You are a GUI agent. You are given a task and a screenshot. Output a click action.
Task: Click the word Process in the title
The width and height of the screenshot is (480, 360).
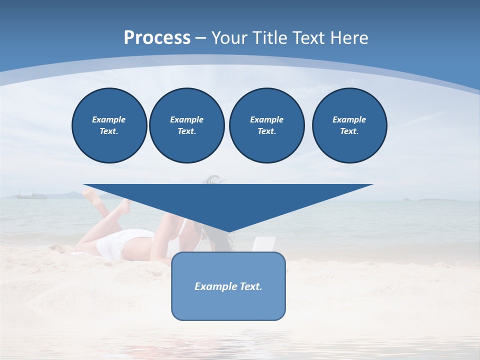157,38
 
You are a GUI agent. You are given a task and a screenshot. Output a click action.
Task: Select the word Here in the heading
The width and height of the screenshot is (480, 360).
348,38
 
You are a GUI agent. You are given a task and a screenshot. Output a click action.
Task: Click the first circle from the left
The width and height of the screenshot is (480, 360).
109,125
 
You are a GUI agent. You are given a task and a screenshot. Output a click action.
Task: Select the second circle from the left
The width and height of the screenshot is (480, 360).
186,125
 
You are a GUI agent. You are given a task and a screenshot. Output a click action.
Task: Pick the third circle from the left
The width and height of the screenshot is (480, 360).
266,125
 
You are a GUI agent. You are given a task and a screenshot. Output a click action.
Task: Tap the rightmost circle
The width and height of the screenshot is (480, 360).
349,125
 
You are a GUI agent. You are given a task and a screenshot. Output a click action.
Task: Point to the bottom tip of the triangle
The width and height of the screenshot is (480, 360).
228,231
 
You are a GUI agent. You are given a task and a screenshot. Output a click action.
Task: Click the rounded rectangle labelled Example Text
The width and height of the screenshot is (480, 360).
228,300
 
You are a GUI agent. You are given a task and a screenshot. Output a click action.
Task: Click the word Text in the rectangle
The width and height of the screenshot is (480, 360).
250,286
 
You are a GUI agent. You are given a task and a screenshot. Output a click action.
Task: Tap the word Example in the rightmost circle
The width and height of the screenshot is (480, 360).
349,119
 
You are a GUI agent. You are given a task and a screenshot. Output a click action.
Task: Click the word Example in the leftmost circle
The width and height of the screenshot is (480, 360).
109,119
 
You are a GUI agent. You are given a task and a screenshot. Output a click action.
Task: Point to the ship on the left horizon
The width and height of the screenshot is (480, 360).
31,195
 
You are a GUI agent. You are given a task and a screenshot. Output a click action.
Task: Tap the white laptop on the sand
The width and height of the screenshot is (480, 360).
263,244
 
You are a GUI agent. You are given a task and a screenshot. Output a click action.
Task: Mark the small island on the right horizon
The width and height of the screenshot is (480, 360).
436,199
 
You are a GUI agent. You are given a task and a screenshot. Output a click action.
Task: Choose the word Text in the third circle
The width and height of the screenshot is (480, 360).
266,131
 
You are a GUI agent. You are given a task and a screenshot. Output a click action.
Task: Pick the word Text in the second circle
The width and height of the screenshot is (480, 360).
186,131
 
